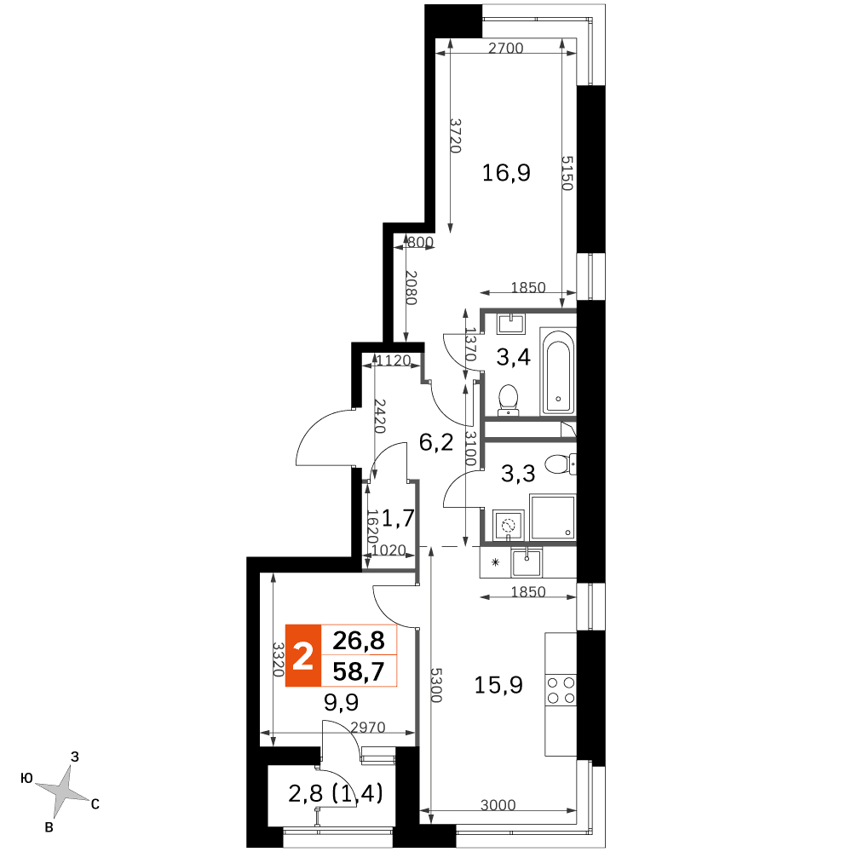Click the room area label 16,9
pyautogui.click(x=506, y=173)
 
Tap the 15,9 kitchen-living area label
pyautogui.click(x=498, y=685)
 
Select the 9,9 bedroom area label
pyautogui.click(x=342, y=703)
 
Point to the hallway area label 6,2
pyautogui.click(x=435, y=443)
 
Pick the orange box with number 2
pyautogui.click(x=303, y=656)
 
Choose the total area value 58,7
pyautogui.click(x=359, y=671)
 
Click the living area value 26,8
pyautogui.click(x=359, y=641)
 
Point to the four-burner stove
pyautogui.click(x=561, y=689)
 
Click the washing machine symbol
pyautogui.click(x=508, y=526)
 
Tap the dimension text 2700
pyautogui.click(x=505, y=49)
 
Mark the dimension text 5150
pyautogui.click(x=567, y=173)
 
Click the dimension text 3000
pyautogui.click(x=498, y=805)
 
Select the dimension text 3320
pyautogui.click(x=279, y=659)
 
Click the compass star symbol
pyautogui.click(x=64, y=789)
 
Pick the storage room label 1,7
pyautogui.click(x=398, y=518)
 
